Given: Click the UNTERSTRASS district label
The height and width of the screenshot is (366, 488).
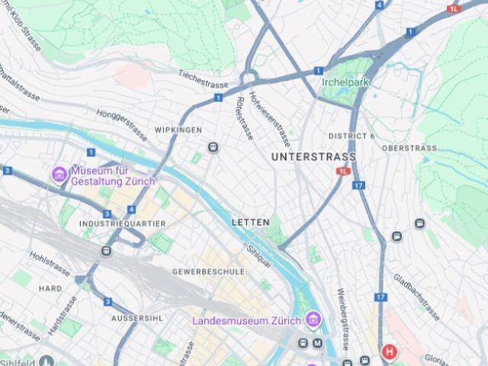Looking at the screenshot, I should (x=313, y=156).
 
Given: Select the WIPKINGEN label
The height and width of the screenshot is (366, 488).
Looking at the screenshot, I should (x=178, y=130).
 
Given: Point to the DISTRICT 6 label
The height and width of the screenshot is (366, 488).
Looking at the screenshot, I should (x=352, y=136).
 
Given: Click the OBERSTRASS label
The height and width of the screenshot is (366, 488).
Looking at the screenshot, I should (x=409, y=148).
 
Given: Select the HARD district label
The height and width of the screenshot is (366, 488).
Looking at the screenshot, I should (x=50, y=288).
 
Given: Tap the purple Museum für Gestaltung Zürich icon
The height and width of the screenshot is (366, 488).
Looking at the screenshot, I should (x=59, y=175).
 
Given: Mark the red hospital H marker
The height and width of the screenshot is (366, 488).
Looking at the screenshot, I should (x=390, y=352).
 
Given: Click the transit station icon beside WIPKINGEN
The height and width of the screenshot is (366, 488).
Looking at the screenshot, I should (x=213, y=147).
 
